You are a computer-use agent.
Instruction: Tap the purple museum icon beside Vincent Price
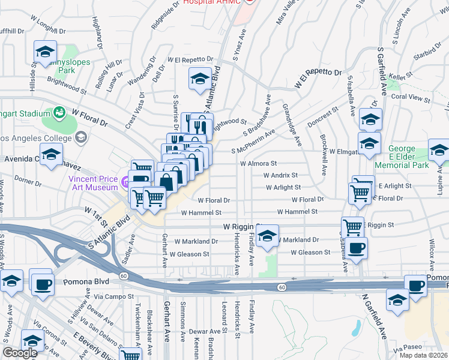point(124,180)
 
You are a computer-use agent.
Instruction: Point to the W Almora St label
point(258,163)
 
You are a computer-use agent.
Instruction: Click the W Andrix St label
point(280,175)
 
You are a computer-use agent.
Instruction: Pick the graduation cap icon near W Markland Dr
point(268,236)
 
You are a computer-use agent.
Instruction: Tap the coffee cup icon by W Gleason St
point(356,247)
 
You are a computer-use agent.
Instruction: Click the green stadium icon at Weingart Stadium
point(59,112)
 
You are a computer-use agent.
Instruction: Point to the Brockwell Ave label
point(324,160)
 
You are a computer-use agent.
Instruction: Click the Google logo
point(20,353)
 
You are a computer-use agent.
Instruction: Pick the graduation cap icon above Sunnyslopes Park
point(45,52)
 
